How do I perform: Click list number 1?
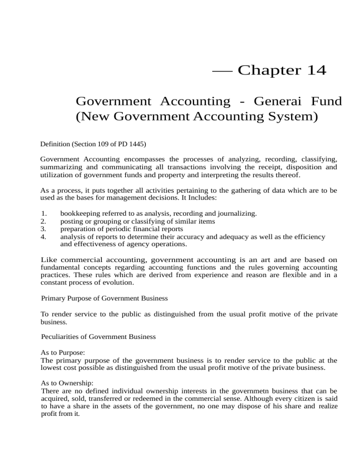(x=44, y=214)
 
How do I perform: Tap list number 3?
(x=44, y=229)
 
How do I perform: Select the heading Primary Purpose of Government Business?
(x=105, y=298)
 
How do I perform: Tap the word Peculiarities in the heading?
(x=60, y=337)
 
